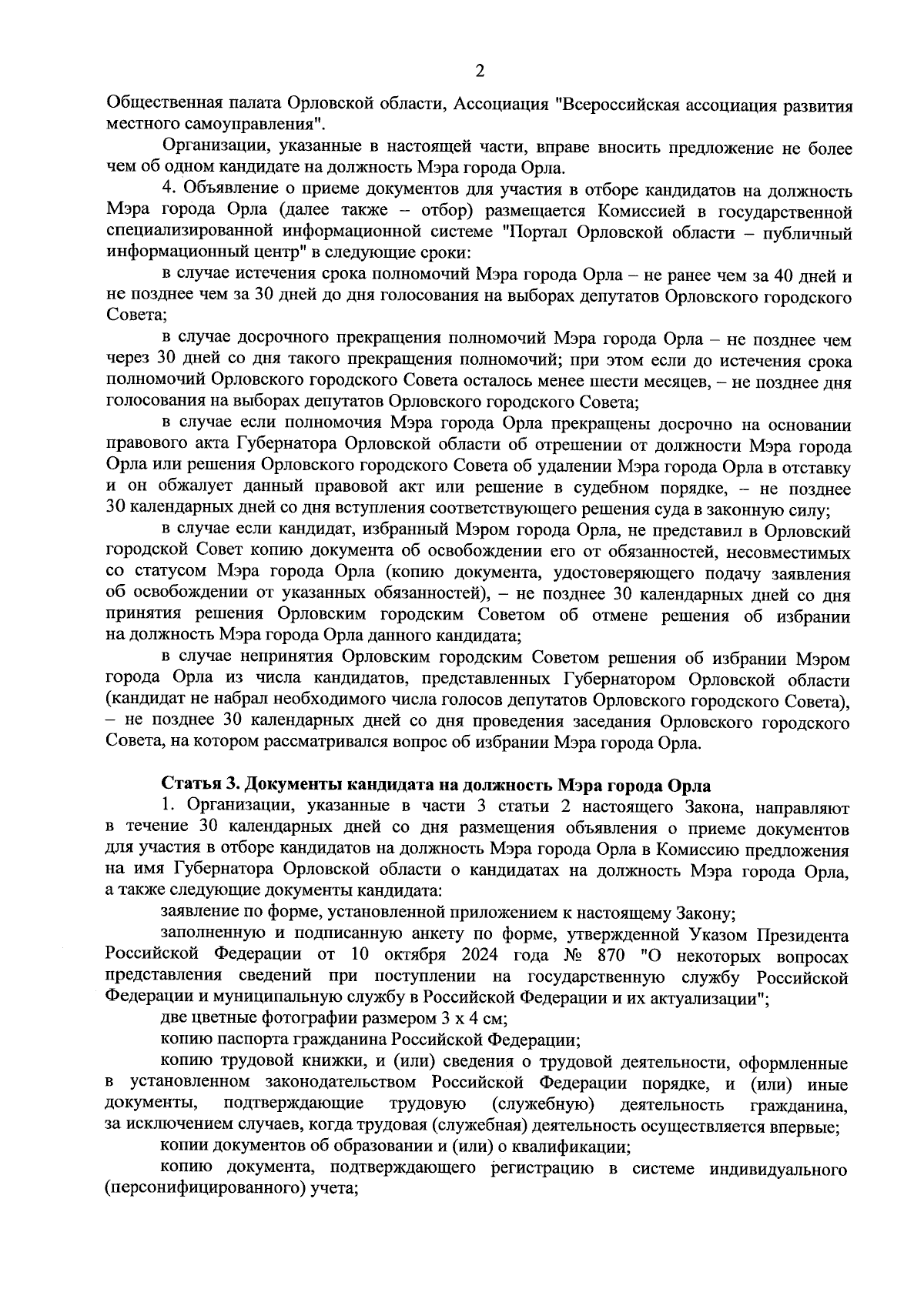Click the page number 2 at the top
pos(480,72)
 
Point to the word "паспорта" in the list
pos(249,1040)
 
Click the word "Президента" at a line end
pos(804,936)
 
